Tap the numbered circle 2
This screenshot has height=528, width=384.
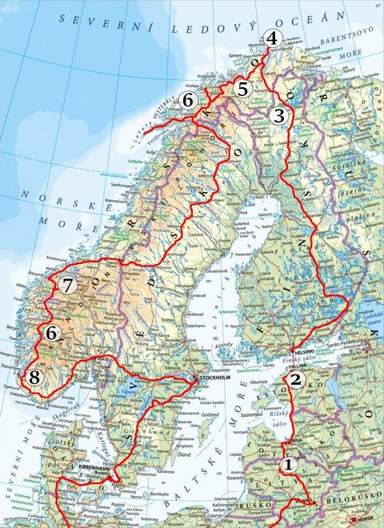point(296,379)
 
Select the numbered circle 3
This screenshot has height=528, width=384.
point(278,115)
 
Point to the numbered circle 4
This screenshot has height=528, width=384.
point(273,38)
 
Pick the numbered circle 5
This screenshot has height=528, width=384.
point(243,89)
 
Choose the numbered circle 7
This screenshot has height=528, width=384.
point(67,284)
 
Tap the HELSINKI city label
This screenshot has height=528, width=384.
point(302,351)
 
